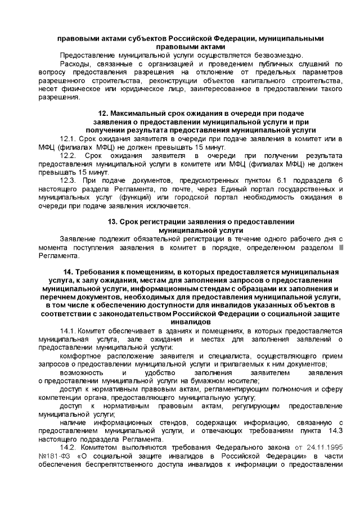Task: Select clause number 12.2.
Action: click(x=68, y=155)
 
